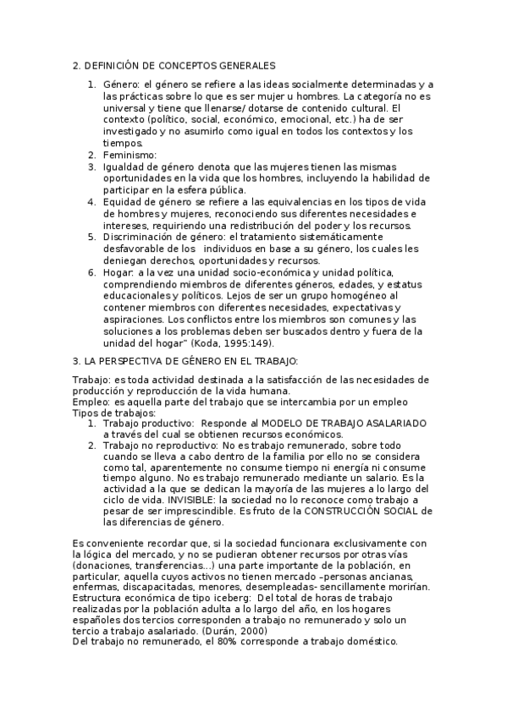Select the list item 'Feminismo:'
(130, 156)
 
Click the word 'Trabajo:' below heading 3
(90, 379)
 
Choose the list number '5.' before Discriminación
(92, 237)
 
